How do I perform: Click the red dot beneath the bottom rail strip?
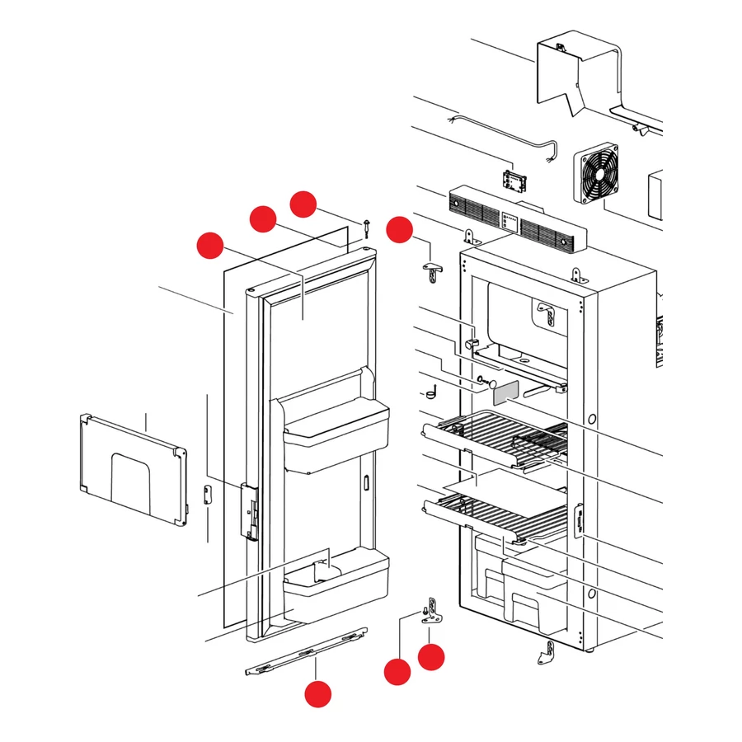pyautogui.click(x=317, y=694)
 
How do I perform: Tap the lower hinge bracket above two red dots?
pyautogui.click(x=431, y=612)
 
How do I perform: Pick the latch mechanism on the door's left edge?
pyautogui.click(x=247, y=511)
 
